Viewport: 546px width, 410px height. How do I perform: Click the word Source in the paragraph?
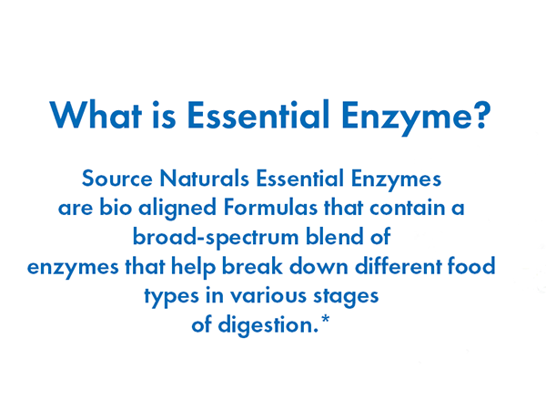click(x=116, y=178)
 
